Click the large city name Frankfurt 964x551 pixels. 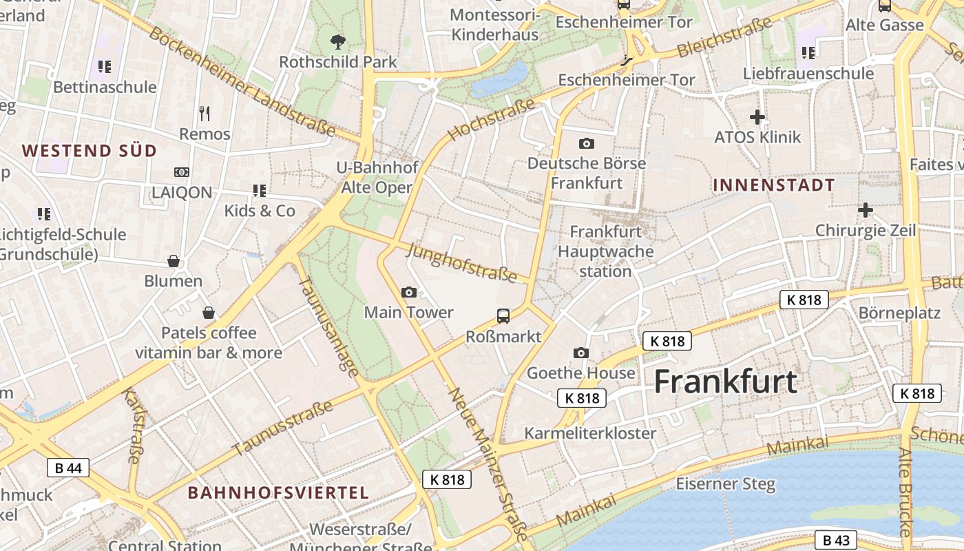[725, 382]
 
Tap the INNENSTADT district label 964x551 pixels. [773, 185]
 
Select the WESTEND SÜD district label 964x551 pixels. [90, 151]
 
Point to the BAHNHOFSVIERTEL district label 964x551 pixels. [278, 492]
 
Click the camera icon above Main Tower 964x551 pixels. [408, 292]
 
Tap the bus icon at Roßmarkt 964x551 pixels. [503, 316]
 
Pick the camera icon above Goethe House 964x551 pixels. [580, 353]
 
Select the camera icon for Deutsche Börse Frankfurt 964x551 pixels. [586, 143]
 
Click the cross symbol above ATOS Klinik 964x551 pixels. [757, 117]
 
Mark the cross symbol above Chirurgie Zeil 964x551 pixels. [866, 209]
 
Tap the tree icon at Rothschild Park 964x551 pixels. [337, 42]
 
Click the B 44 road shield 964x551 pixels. [68, 468]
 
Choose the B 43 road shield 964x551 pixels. [836, 540]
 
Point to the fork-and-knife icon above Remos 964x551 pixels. [204, 113]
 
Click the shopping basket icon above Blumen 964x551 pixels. [174, 261]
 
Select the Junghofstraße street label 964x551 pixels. [461, 262]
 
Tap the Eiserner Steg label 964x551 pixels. [725, 484]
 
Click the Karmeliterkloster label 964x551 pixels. [590, 433]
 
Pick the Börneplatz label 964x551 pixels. [899, 313]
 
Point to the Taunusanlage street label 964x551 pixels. [328, 328]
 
